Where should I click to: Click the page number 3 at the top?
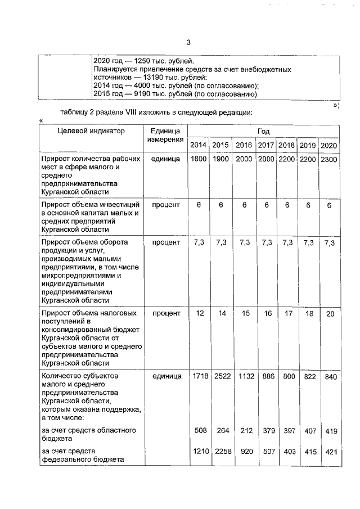tap(189, 42)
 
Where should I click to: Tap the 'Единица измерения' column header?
tap(165, 135)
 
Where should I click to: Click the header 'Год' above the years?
tap(263, 130)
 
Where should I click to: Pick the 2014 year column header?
tap(198, 145)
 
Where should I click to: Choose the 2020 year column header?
tap(328, 145)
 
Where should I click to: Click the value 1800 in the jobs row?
tap(198, 160)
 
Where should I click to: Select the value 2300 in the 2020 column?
tap(328, 160)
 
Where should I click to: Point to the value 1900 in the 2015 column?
tap(220, 160)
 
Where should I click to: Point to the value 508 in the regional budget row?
tap(199, 430)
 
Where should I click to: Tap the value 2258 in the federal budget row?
tap(221, 451)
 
